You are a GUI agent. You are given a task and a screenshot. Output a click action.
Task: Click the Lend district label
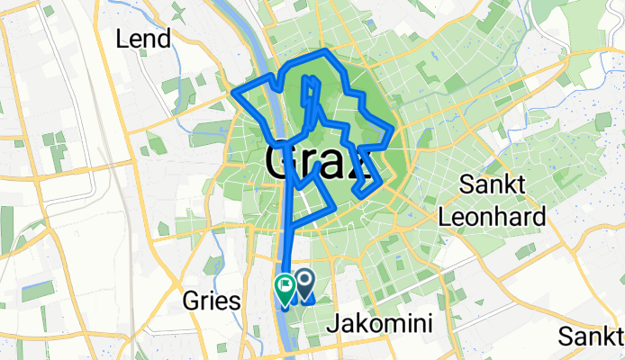click(143, 40)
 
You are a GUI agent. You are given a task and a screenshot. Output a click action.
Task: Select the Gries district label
click(212, 301)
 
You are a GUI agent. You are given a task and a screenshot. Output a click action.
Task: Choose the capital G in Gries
click(190, 301)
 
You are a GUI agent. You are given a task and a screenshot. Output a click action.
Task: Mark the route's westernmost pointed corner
click(233, 92)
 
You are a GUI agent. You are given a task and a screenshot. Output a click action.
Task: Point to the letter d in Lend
click(163, 40)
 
